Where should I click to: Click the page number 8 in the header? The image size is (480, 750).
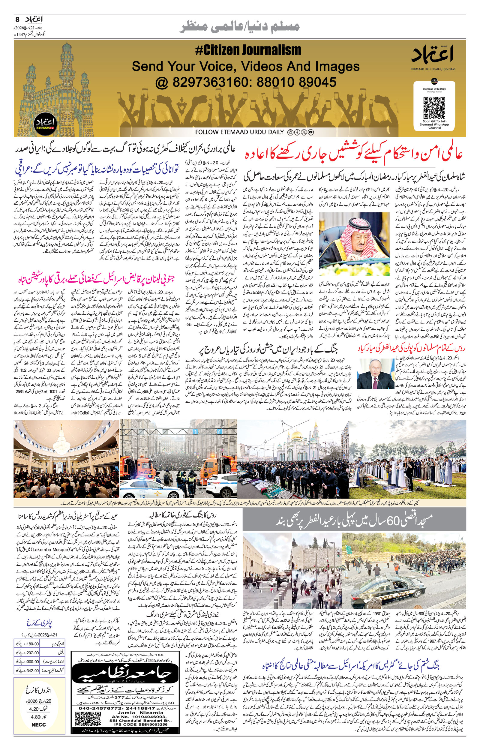coord(17,19)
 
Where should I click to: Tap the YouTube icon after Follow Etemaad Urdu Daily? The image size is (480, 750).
coord(311,132)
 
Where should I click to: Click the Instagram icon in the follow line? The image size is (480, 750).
coord(290,132)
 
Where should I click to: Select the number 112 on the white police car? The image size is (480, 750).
coord(142,496)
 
